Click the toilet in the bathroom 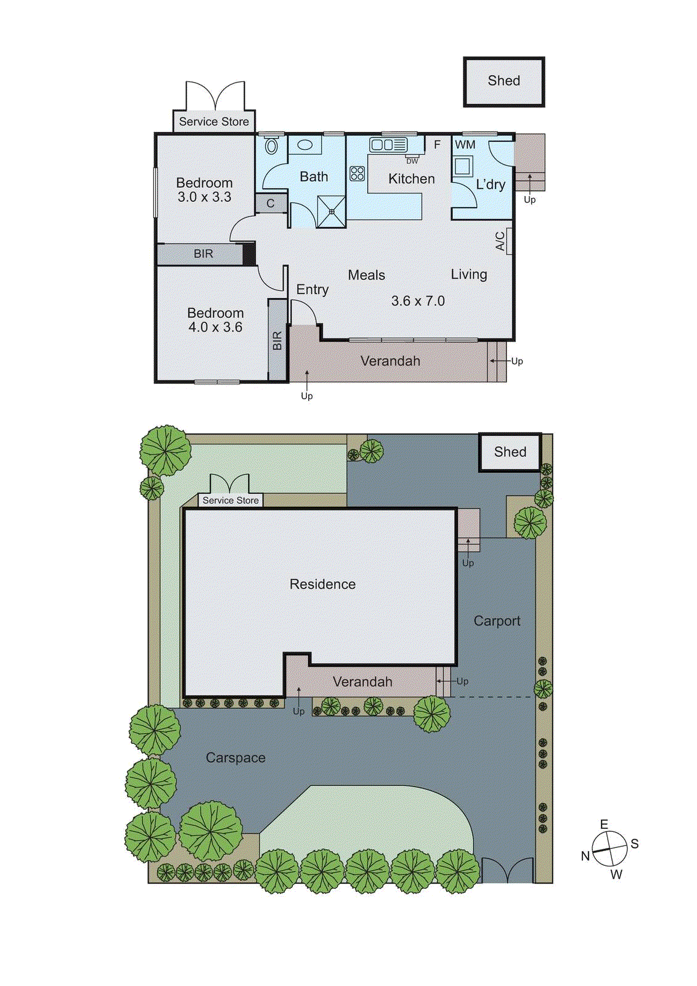[x=271, y=146]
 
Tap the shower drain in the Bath [x=332, y=211]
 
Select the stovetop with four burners [x=357, y=173]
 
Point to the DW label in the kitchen [x=412, y=161]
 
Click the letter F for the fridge [x=437, y=145]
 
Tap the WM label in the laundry [x=465, y=145]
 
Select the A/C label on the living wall [x=501, y=241]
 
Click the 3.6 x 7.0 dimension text [x=418, y=301]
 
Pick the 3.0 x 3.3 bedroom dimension [x=205, y=197]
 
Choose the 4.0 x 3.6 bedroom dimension [x=216, y=327]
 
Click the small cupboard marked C [x=271, y=203]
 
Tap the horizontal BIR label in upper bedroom [x=203, y=254]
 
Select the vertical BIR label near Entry [x=277, y=341]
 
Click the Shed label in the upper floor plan [x=503, y=81]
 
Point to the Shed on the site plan [x=510, y=452]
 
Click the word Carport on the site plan [x=497, y=621]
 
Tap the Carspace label [x=235, y=758]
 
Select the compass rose [x=609, y=849]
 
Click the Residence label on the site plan [x=322, y=584]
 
